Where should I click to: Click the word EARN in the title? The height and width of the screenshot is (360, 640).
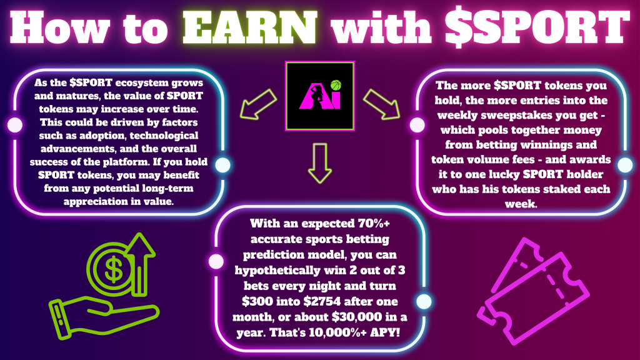pos(250,27)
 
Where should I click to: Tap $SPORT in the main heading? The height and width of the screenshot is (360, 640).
pos(537,27)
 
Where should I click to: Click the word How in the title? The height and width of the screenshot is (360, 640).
pos(59,27)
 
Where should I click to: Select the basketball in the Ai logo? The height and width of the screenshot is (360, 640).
pos(336,85)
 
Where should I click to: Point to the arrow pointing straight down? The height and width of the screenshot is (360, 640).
pos(320,163)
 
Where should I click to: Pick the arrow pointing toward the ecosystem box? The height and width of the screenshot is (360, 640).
pos(258,104)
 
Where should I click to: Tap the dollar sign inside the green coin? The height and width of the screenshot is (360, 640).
pos(113,269)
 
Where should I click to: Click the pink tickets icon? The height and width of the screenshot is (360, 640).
pos(533,291)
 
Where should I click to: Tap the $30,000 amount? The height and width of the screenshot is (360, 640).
pos(357,317)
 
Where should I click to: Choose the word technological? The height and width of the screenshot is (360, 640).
pos(164,136)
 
